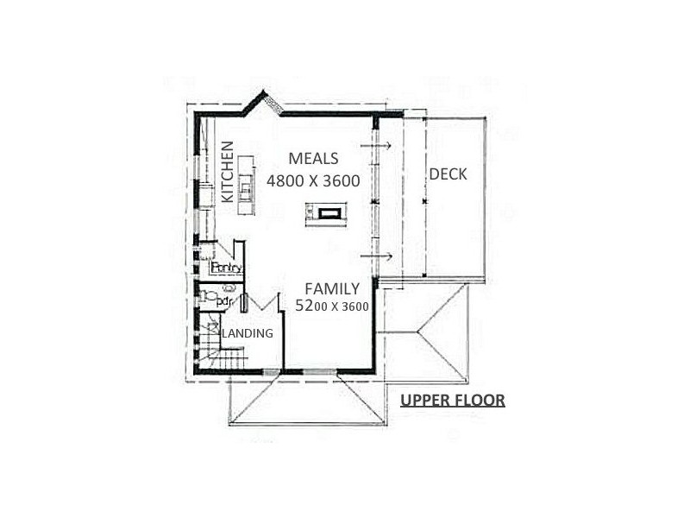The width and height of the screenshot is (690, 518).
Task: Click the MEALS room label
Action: point(313,159)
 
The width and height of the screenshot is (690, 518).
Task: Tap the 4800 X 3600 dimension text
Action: point(312,181)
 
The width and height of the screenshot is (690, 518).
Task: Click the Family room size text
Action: point(332,306)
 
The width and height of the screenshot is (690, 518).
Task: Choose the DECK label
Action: point(448,174)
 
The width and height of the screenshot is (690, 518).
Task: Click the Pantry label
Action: point(226,268)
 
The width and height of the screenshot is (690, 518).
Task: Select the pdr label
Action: point(223,301)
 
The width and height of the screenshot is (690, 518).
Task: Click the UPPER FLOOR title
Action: point(453,400)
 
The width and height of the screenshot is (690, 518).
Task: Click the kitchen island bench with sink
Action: point(246,186)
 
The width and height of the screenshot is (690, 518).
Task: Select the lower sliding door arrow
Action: point(377,256)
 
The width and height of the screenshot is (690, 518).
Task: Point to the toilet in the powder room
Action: point(208,296)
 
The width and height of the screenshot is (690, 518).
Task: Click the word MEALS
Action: point(313,159)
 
